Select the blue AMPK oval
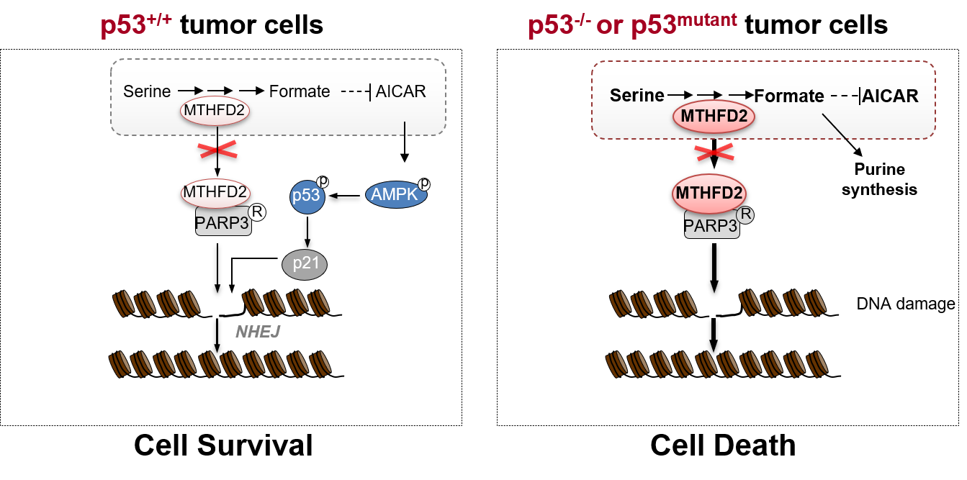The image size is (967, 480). point(397,194)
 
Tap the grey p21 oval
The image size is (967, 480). point(305,264)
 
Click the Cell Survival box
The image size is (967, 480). point(223,444)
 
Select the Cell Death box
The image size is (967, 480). point(723,444)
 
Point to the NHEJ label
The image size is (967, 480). point(258,332)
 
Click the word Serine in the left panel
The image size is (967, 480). point(147,91)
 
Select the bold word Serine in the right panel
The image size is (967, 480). point(637,96)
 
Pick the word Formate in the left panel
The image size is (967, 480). point(300,91)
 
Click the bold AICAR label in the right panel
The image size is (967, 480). point(890,96)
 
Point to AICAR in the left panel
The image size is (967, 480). point(401,91)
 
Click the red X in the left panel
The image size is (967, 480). point(217,150)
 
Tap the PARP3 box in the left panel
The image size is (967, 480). point(223,224)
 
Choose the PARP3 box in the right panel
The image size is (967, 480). point(710,226)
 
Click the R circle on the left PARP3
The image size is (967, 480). point(257,212)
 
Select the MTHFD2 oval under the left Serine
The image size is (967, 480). point(217,112)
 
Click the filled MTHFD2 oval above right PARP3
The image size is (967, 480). point(709,194)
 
